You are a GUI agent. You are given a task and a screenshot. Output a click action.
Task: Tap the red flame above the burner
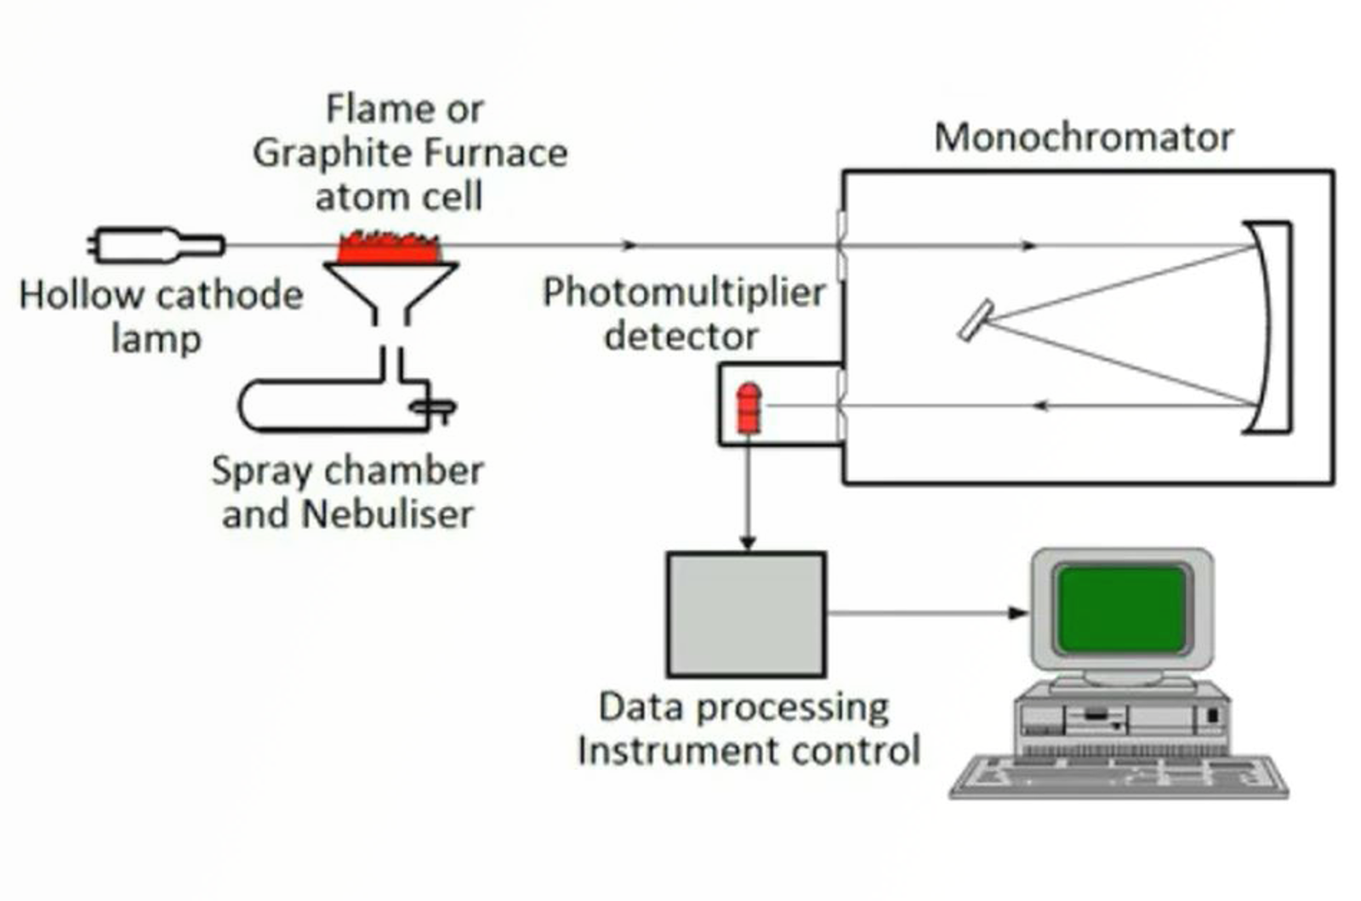tap(389, 248)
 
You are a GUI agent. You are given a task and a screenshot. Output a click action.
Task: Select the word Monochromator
tap(1084, 138)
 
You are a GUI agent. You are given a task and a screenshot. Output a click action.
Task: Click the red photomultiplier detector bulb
tap(749, 409)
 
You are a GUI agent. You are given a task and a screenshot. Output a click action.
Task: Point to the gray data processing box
tap(746, 615)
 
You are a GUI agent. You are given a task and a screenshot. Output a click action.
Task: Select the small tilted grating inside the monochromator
tap(975, 320)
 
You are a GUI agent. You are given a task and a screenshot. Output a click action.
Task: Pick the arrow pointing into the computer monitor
tap(1017, 613)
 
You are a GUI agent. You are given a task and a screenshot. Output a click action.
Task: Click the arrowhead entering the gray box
tap(748, 542)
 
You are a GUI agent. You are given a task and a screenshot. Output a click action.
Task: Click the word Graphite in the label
tap(333, 154)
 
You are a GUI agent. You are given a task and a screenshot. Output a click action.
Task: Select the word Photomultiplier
tap(684, 293)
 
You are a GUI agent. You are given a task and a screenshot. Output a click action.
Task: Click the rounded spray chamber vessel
tap(332, 405)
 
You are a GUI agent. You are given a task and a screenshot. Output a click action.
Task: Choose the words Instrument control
tap(749, 751)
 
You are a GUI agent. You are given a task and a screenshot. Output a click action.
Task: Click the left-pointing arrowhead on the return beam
tap(1039, 406)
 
